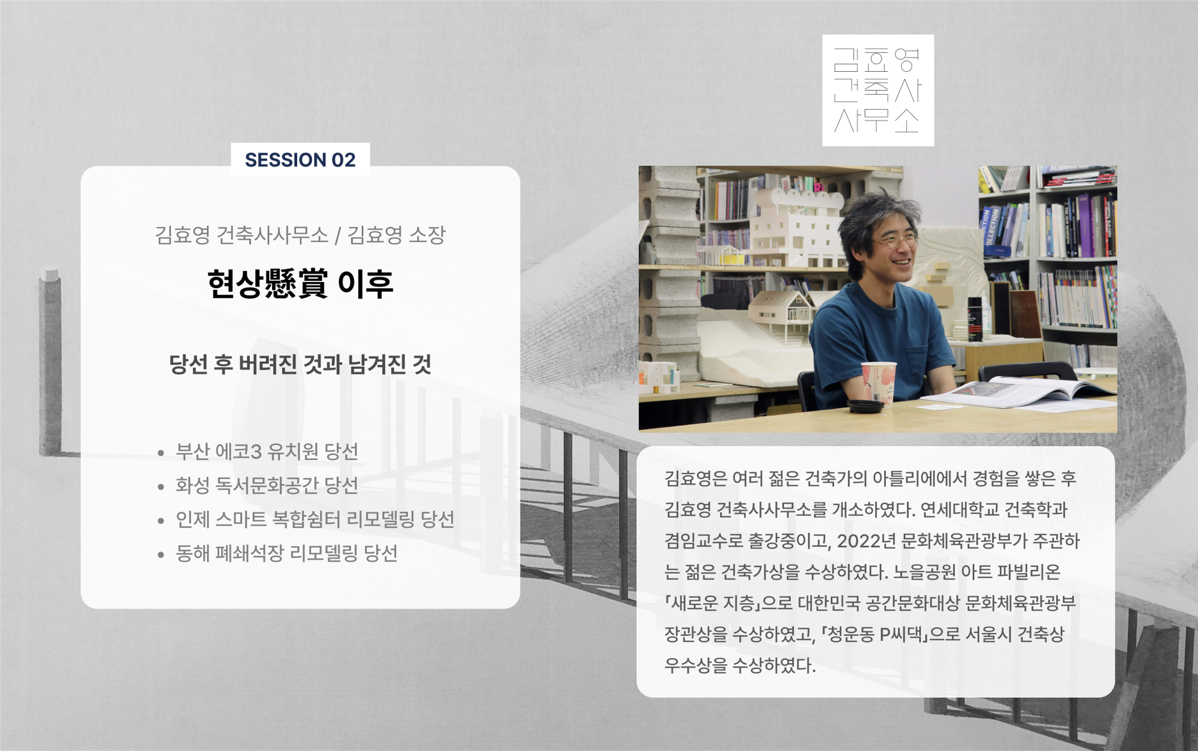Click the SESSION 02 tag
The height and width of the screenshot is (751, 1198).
click(300, 160)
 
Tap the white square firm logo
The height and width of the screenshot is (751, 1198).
click(878, 90)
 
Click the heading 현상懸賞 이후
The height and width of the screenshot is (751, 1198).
click(300, 284)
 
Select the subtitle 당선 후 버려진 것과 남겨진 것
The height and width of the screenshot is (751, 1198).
click(300, 364)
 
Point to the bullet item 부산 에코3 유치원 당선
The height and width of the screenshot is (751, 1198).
click(267, 452)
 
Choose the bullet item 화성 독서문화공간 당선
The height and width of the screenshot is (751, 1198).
click(267, 485)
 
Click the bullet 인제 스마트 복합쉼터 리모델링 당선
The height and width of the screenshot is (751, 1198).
click(314, 519)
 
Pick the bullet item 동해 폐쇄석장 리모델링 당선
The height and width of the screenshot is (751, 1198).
click(286, 553)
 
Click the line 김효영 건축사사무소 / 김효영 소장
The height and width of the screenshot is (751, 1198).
click(300, 235)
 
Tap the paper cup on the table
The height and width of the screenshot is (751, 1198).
click(879, 383)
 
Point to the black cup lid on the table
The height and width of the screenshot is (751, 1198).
click(866, 406)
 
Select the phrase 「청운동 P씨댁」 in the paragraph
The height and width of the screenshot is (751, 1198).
click(874, 634)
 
